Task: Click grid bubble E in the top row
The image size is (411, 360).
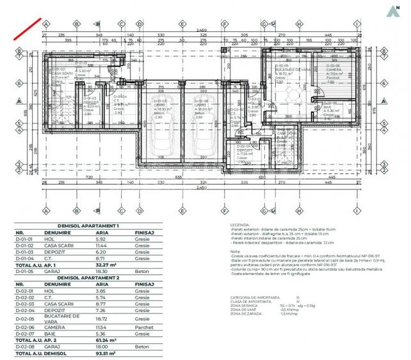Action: [x=183, y=24]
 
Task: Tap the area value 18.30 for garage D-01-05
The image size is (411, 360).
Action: [x=101, y=271]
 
